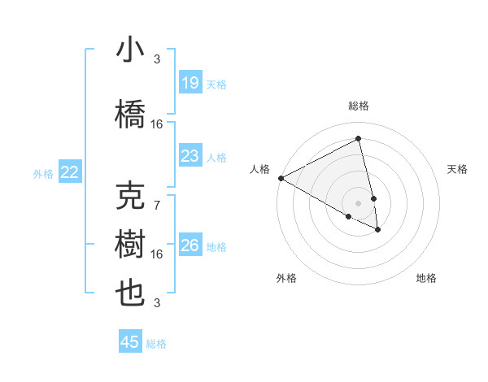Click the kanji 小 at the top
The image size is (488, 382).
pyautogui.click(x=131, y=50)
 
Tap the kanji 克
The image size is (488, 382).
pyautogui.click(x=131, y=198)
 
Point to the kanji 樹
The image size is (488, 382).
pyautogui.click(x=131, y=245)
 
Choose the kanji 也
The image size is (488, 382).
pyautogui.click(x=131, y=293)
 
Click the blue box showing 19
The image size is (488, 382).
pyautogui.click(x=190, y=83)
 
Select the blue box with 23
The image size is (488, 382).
pyautogui.click(x=190, y=156)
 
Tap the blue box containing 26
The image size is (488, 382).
pyautogui.click(x=190, y=245)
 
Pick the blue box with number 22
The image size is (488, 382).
pyautogui.click(x=70, y=172)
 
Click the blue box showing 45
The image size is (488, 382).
pyautogui.click(x=130, y=342)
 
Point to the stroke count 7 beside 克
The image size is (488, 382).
pyautogui.click(x=157, y=206)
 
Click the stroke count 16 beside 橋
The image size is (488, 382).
pyautogui.click(x=157, y=124)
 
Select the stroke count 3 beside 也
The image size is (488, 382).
pyautogui.click(x=157, y=303)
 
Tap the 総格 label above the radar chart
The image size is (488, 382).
pyautogui.click(x=359, y=106)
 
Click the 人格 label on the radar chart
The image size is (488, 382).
pyautogui.click(x=259, y=169)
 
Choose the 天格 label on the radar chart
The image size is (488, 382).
pyautogui.click(x=458, y=169)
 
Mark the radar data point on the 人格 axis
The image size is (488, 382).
pyautogui.click(x=281, y=178)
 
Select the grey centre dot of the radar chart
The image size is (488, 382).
pyautogui.click(x=359, y=203)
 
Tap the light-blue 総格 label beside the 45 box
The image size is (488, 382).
pyautogui.click(x=156, y=344)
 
